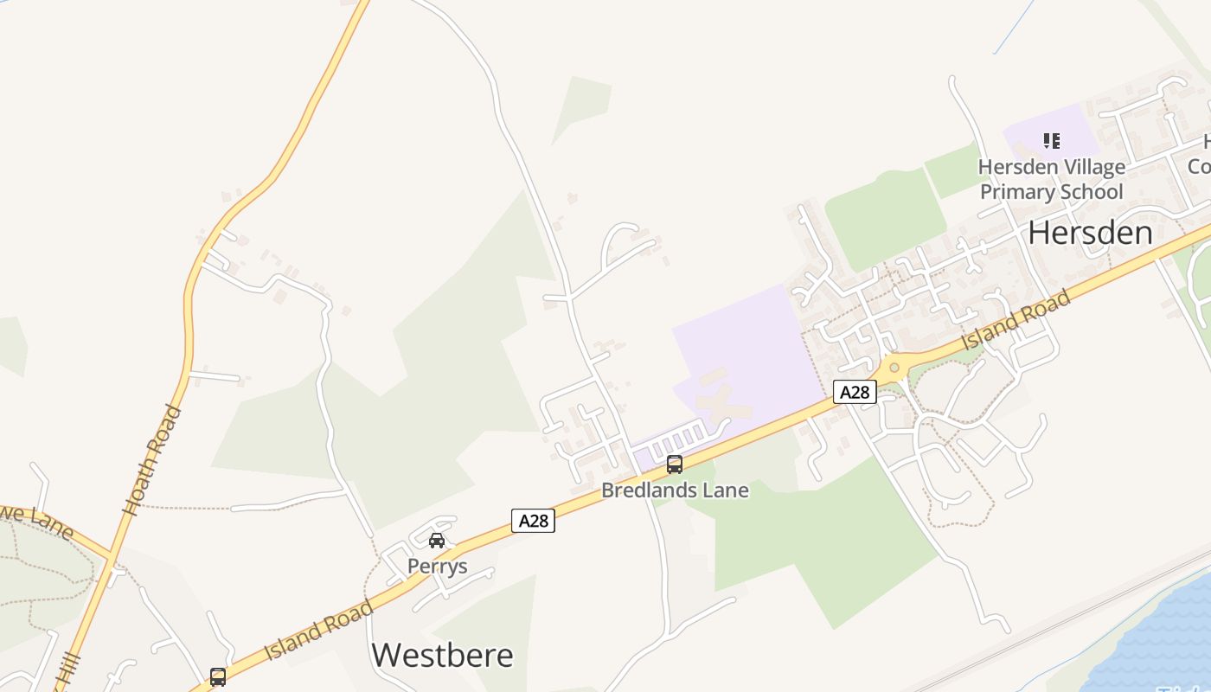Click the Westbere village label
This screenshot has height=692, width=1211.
click(442, 655)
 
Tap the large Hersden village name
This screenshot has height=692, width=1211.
click(1090, 233)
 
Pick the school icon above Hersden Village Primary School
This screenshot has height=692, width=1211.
click(1052, 140)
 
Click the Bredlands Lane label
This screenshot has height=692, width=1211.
click(675, 490)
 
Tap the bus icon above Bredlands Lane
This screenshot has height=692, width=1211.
click(675, 465)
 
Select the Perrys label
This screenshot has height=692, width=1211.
click(438, 567)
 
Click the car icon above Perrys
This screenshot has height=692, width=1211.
click(437, 541)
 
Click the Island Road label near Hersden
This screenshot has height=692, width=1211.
click(1016, 321)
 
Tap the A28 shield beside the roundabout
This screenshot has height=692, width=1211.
click(855, 393)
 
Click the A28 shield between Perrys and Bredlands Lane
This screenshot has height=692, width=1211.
click(533, 521)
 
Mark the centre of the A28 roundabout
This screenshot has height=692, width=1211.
click(894, 368)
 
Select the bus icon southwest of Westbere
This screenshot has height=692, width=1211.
click(218, 676)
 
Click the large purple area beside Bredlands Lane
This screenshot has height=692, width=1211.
click(744, 346)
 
